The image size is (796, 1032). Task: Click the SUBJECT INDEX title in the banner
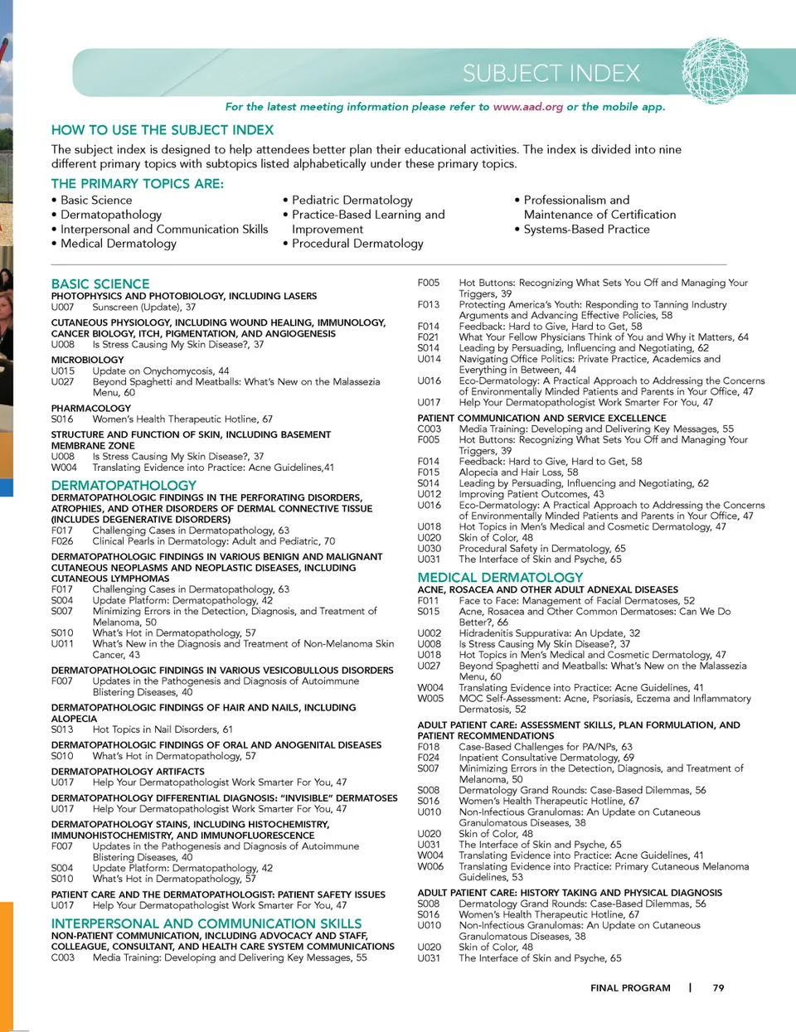(551, 74)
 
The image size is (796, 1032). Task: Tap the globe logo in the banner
(715, 71)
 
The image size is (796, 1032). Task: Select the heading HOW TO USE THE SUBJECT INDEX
(163, 130)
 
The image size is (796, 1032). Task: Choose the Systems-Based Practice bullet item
(586, 229)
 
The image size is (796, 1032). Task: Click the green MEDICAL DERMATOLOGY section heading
(500, 577)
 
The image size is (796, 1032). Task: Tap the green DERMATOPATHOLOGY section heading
(124, 485)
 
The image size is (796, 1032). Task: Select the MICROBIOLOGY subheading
(87, 360)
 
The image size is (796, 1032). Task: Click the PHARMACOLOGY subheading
(90, 408)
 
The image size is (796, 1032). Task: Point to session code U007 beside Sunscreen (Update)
(62, 307)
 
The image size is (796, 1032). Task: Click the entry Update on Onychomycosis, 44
(161, 371)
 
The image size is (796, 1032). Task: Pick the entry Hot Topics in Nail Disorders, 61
(163, 729)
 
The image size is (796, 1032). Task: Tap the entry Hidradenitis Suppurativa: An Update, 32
(549, 632)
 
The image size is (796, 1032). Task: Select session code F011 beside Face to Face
(428, 600)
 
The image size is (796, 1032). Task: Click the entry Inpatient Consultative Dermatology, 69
(546, 757)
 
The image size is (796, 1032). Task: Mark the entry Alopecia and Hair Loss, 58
(518, 472)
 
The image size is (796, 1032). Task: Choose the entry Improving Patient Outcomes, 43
(531, 493)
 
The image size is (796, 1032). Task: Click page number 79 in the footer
(718, 987)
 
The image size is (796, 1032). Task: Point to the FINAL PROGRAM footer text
(630, 987)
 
